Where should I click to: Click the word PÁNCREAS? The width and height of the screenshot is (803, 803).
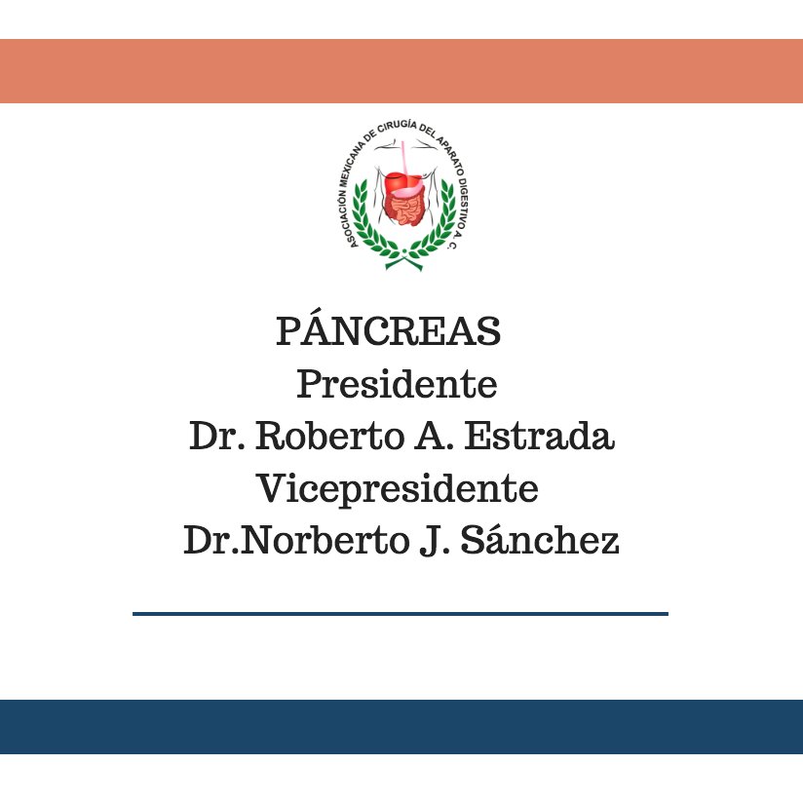tap(388, 332)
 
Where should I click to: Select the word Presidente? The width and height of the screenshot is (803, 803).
tap(397, 384)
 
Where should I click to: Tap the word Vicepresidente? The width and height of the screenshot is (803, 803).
tap(397, 487)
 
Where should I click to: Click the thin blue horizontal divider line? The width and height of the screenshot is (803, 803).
tap(400, 614)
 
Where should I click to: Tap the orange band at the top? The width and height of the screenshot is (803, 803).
tap(401, 71)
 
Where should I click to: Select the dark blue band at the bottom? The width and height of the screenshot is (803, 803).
tap(401, 727)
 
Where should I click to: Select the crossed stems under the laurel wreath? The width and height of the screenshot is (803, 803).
tap(402, 261)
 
